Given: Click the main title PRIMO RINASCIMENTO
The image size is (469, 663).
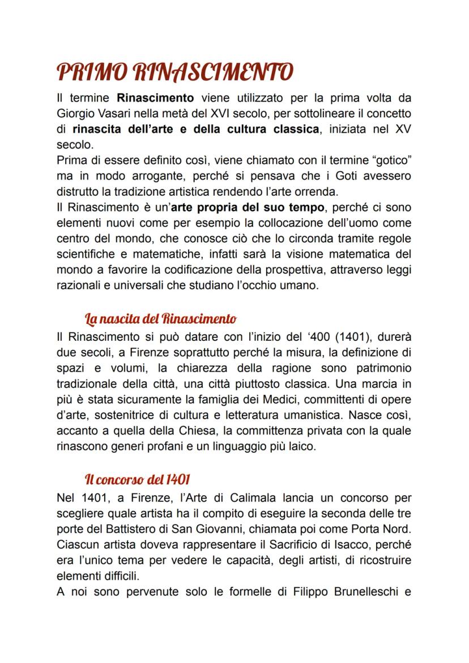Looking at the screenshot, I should point(175,72).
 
